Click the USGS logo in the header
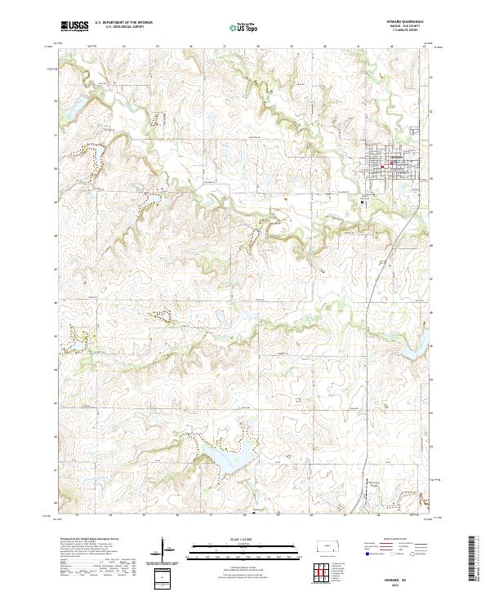tap(74, 26)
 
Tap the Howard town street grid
tap(390, 163)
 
